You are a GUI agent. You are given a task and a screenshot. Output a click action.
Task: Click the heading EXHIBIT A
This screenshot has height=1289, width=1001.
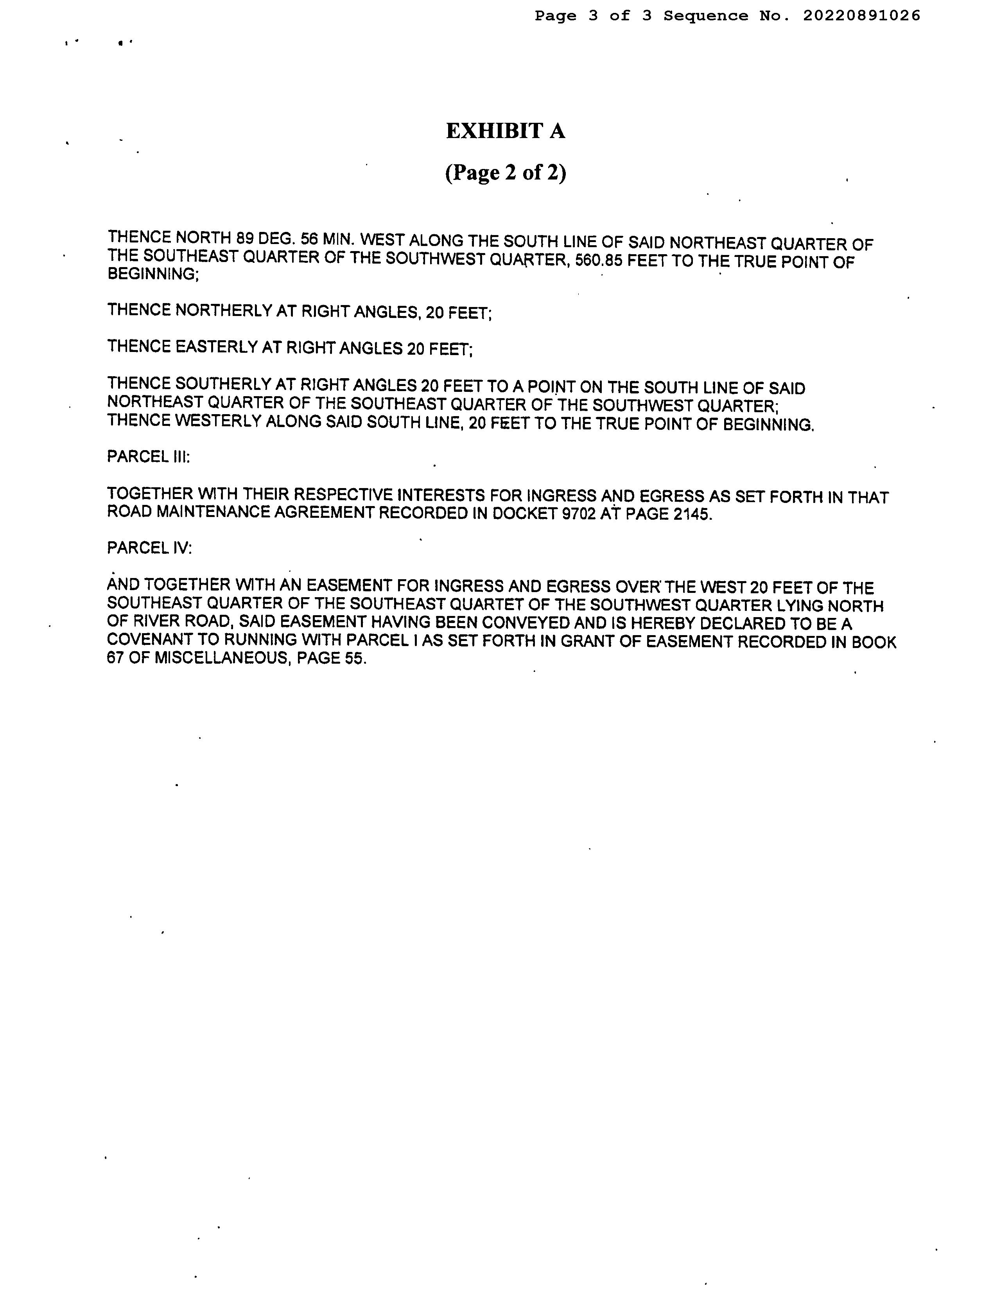point(505,131)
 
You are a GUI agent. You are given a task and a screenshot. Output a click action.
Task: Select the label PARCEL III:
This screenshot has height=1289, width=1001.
point(148,457)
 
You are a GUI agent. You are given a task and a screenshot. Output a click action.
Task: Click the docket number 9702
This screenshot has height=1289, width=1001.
point(578,513)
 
